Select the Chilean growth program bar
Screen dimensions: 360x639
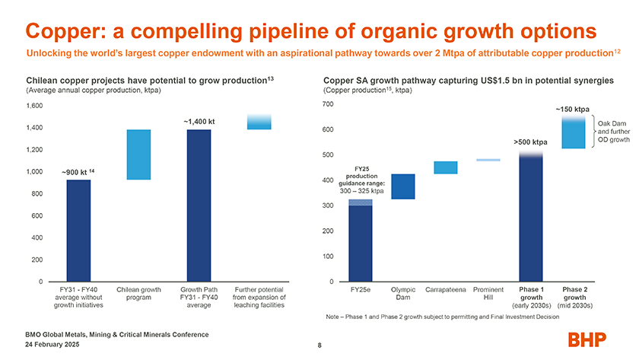[x=138, y=155]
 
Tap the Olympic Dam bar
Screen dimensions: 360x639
[x=403, y=186]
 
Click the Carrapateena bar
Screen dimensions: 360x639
[x=445, y=167]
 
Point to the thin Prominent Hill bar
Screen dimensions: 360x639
[x=488, y=160]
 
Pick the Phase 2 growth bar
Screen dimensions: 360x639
[x=573, y=132]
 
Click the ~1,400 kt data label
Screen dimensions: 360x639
[x=199, y=121]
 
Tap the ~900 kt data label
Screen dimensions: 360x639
[x=78, y=173]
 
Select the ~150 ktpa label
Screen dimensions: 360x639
[x=573, y=109]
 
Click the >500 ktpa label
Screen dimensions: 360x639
[x=530, y=142]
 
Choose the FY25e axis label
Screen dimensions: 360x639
[x=361, y=290]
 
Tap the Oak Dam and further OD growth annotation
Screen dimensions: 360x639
[x=615, y=132]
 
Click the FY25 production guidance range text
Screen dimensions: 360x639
[x=361, y=179]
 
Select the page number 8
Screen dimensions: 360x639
[x=320, y=347]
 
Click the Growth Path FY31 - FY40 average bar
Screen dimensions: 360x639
[x=199, y=205]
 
